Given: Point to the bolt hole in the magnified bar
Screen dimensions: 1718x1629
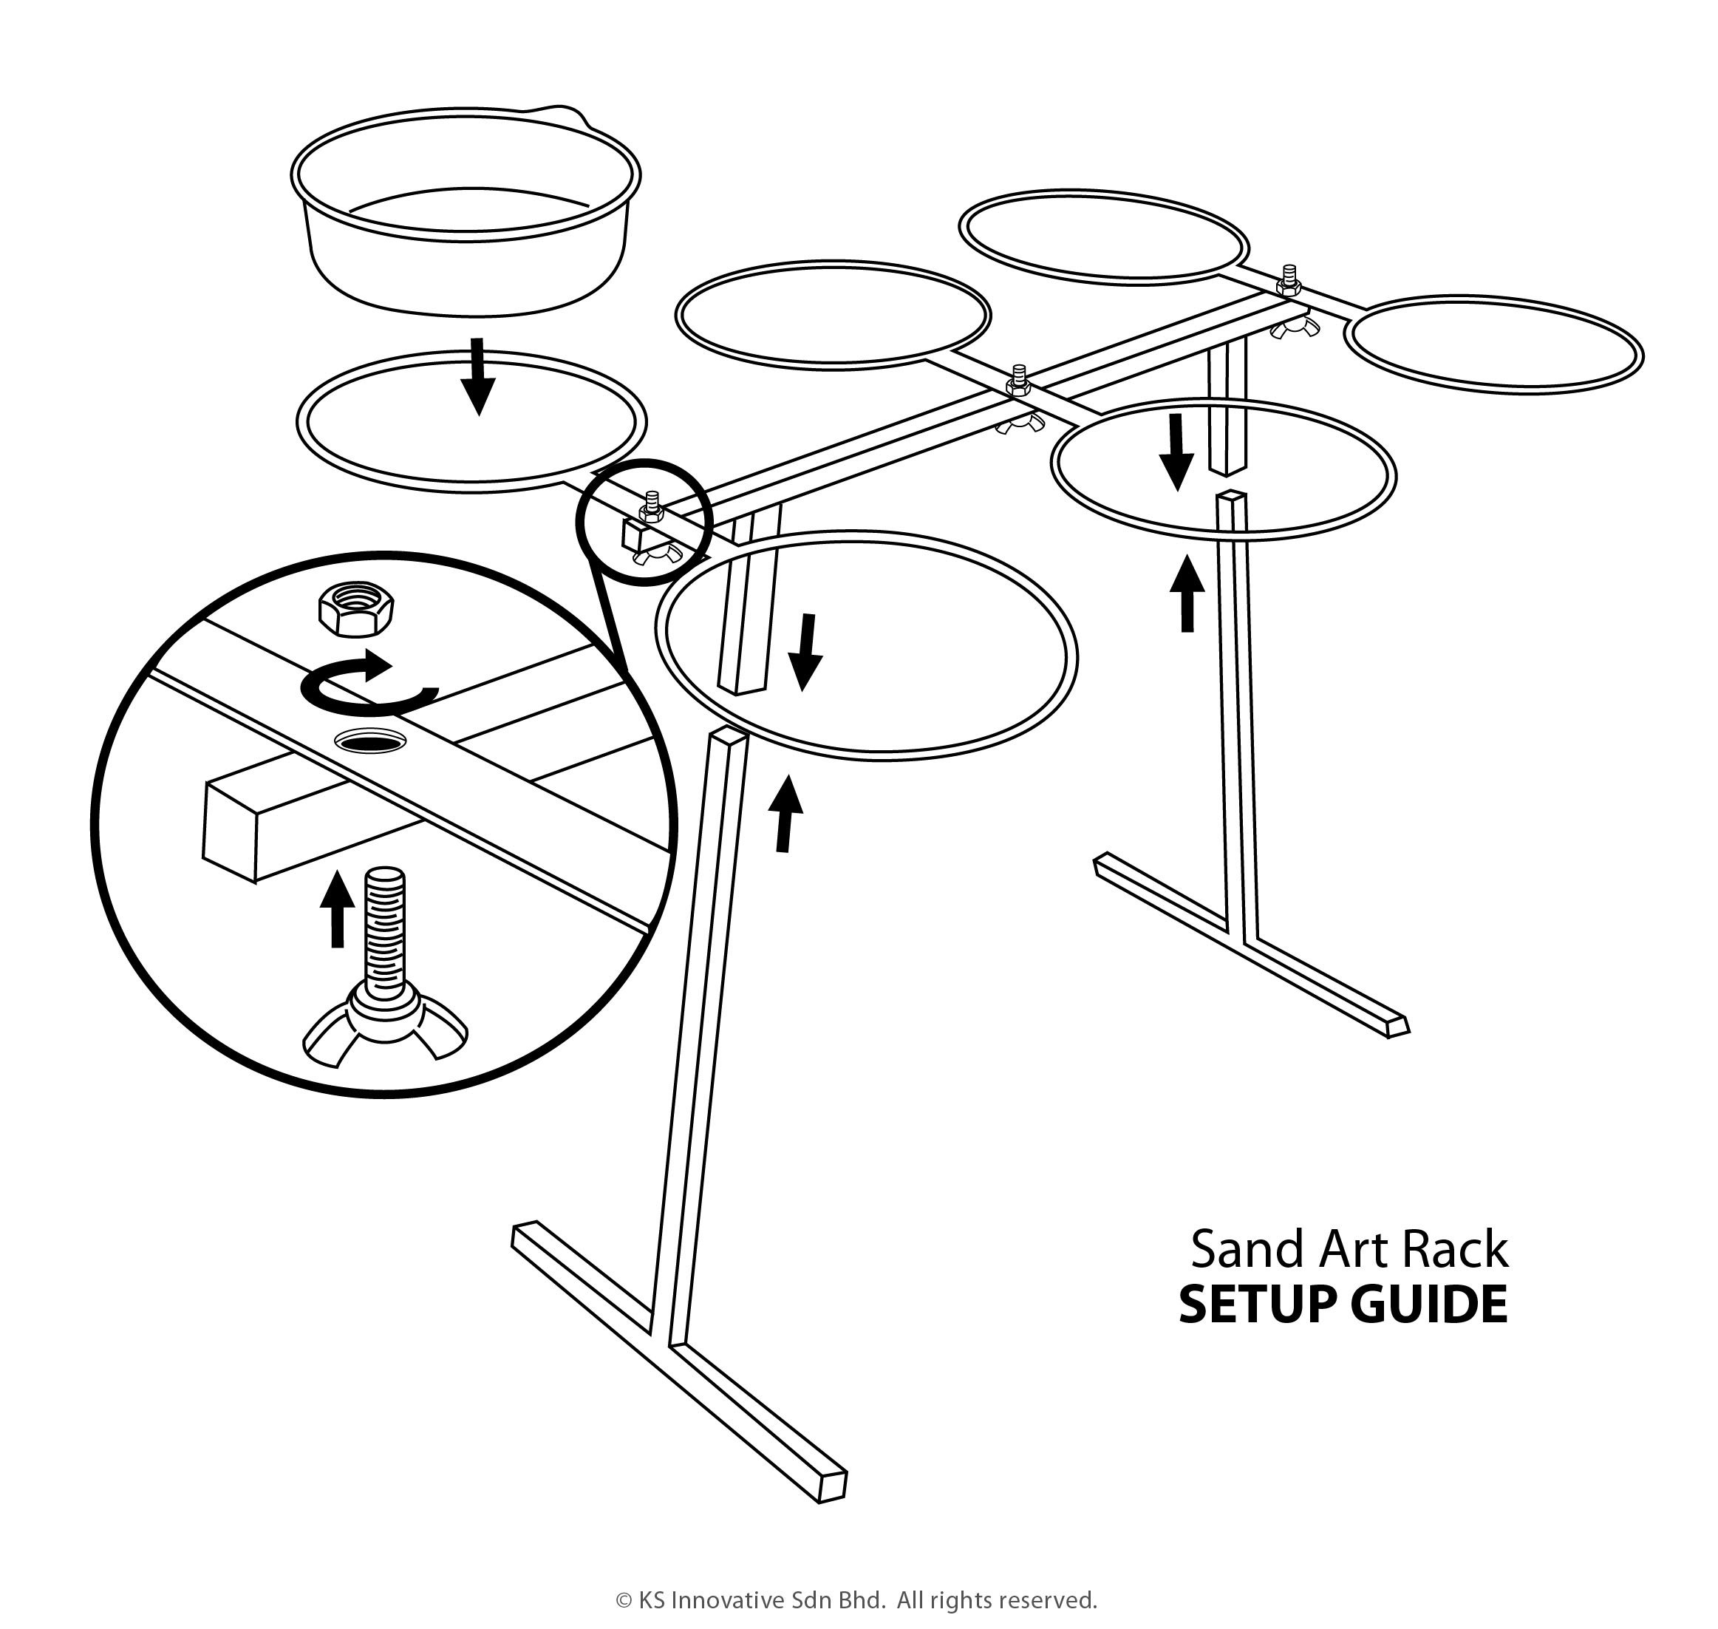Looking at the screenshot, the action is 371,740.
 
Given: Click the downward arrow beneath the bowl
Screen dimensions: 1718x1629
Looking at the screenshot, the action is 477,377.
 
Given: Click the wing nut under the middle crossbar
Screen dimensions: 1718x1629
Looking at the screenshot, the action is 1022,424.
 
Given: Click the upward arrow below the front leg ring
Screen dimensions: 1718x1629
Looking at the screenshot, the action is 786,814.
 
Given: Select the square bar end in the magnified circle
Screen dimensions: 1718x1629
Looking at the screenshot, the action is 230,829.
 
